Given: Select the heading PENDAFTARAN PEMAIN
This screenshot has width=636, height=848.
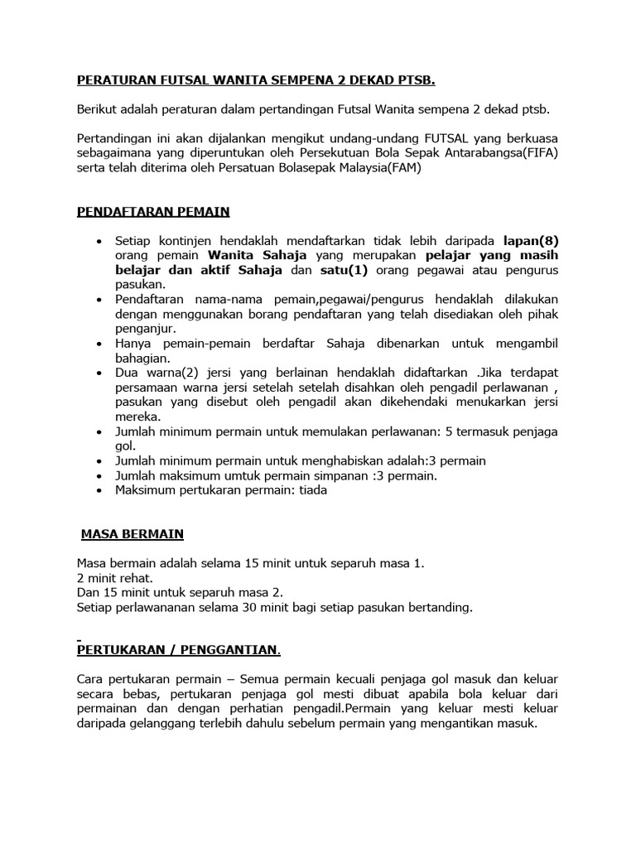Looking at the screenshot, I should (152, 212).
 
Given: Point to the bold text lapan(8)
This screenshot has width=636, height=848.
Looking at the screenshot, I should (531, 241).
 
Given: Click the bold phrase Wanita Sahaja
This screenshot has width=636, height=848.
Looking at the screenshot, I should (258, 256).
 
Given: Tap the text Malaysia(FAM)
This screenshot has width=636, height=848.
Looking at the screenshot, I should (382, 167).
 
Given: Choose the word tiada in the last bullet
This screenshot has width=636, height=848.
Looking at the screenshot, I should (312, 490).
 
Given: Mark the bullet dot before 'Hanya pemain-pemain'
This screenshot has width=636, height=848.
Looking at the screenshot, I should (99, 344).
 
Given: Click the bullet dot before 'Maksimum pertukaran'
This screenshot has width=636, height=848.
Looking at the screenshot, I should (99, 490).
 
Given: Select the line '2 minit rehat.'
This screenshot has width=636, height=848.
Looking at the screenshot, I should (115, 577).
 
